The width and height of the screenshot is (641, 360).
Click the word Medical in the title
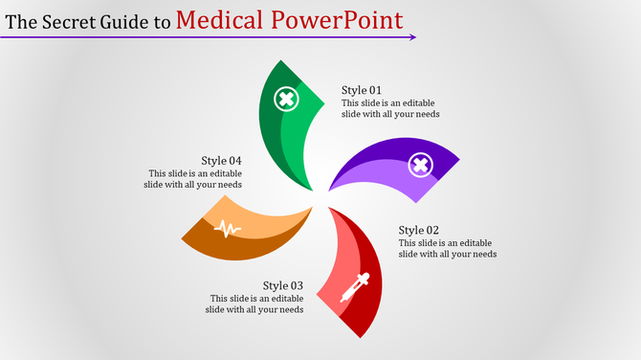pyautogui.click(x=221, y=19)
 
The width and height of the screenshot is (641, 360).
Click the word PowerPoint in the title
pyautogui.click(x=337, y=19)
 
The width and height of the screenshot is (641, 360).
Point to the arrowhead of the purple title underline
pyautogui.click(x=412, y=37)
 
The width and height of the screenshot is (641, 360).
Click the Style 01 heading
pyautogui.click(x=363, y=90)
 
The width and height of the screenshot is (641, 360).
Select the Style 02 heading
pyautogui.click(x=419, y=230)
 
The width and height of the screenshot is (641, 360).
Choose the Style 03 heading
pyautogui.click(x=283, y=285)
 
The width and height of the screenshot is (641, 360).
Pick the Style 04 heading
pyautogui.click(x=221, y=160)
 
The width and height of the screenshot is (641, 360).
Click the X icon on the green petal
pyautogui.click(x=285, y=99)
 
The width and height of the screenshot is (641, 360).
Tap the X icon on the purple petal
pyautogui.click(x=419, y=166)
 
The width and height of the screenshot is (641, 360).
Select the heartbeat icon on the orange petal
pyautogui.click(x=228, y=228)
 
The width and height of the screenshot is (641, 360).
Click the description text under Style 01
pyautogui.click(x=390, y=108)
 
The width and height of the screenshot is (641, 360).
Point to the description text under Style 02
pyautogui.click(x=447, y=248)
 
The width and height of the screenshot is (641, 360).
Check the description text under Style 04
pyautogui.click(x=195, y=179)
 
